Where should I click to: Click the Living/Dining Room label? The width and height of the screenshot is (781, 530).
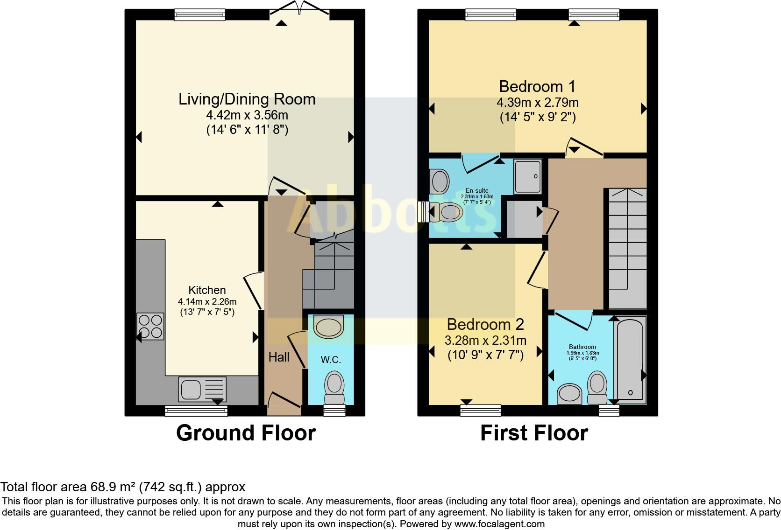pos(247,99)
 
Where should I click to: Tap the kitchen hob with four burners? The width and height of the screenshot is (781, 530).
pos(150,326)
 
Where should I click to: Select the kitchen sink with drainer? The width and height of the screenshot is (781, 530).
pos(202,389)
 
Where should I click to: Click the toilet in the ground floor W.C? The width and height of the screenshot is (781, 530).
pos(334,388)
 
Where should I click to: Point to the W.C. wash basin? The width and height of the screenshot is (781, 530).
pos(328,327)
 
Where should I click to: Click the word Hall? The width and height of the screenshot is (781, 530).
pos(279,357)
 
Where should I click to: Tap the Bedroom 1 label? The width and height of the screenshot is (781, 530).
pos(537,86)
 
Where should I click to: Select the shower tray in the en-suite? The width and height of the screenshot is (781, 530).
pos(527,176)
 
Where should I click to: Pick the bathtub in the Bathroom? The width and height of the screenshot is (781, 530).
pos(630,360)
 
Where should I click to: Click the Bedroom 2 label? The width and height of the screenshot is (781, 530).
pos(485,325)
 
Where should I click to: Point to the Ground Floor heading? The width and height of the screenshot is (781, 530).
pos(246,433)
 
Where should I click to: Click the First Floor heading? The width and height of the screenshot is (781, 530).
pos(534,433)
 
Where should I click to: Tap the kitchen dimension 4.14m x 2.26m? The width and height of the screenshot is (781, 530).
pos(207,301)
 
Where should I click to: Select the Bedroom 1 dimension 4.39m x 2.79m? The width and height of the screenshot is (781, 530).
pos(538,102)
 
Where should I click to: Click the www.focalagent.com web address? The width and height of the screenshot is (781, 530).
pos(499,524)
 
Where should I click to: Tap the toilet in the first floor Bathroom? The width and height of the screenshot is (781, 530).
pos(597,388)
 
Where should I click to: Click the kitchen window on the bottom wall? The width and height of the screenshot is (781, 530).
pos(196,411)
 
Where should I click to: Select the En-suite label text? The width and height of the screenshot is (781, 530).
pos(476,190)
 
